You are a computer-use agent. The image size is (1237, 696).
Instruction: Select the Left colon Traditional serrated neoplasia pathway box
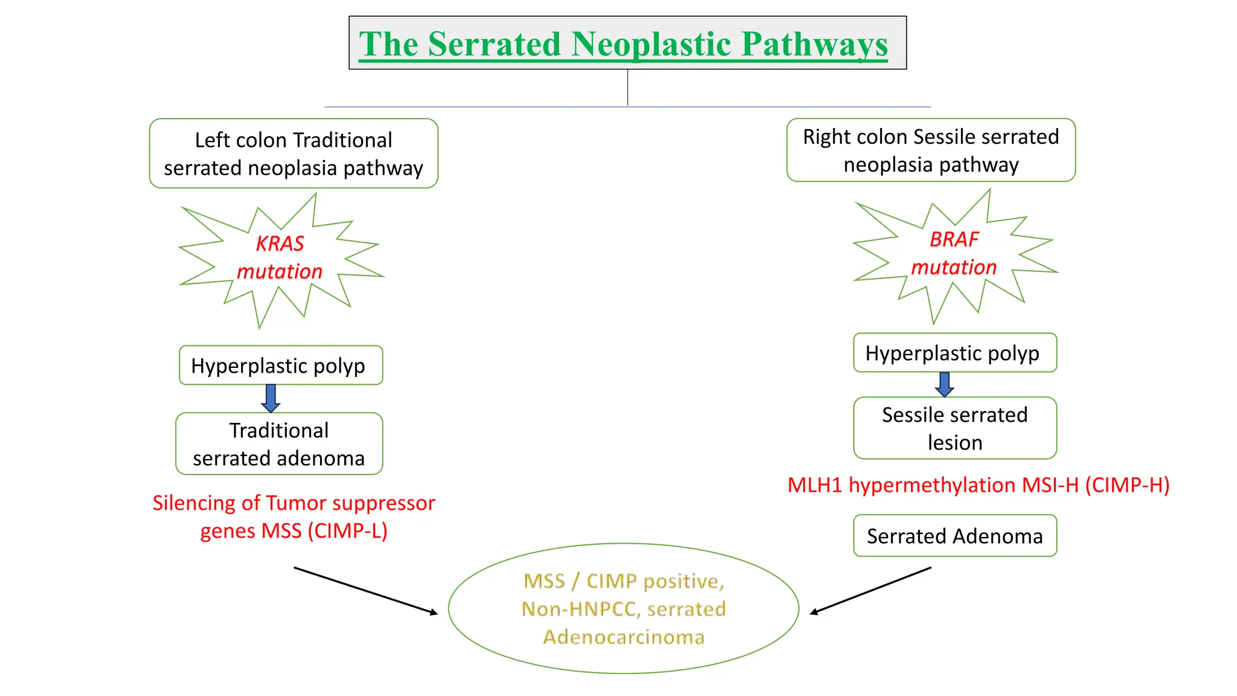point(294,153)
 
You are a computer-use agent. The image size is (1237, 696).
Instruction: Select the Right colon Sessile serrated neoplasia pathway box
point(931,150)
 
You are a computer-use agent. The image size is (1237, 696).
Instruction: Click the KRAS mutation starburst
point(280,258)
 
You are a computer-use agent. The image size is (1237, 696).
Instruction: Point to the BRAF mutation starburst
point(954,254)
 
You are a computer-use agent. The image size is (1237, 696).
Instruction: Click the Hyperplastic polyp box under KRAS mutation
point(281,366)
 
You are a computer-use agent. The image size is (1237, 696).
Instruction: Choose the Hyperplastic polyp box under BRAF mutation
point(954,353)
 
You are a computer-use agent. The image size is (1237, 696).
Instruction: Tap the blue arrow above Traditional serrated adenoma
point(271,398)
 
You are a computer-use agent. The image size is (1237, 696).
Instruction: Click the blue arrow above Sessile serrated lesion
point(945,384)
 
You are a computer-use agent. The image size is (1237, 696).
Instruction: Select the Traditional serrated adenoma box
point(279,444)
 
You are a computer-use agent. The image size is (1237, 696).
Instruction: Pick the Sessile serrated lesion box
point(954,428)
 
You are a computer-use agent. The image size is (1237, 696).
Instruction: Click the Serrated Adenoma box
point(954,536)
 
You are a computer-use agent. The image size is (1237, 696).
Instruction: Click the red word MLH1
point(815,485)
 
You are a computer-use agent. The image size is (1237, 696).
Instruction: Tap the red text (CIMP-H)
point(1127,485)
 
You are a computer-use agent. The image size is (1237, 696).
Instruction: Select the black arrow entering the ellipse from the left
point(365,591)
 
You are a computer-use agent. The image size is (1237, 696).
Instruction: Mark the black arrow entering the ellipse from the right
point(870,590)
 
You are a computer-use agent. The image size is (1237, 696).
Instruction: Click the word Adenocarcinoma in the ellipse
point(623,637)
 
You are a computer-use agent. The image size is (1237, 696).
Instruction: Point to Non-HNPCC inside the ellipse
point(579,609)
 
